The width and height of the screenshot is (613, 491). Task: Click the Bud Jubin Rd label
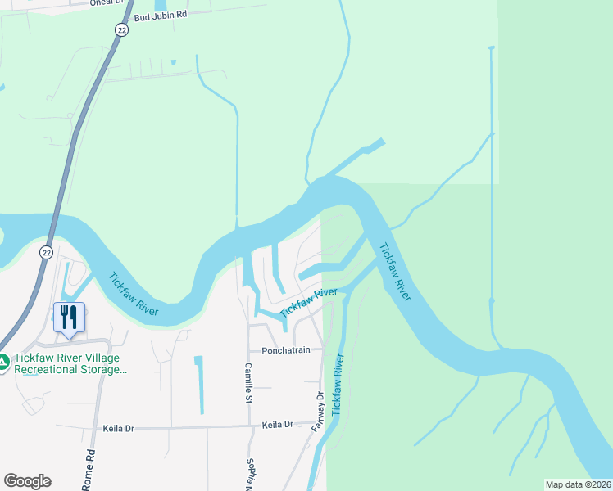161,15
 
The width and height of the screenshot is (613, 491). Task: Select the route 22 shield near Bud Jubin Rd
120,29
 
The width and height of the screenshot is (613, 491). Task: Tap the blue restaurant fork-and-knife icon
69,315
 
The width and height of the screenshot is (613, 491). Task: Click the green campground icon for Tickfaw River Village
4,360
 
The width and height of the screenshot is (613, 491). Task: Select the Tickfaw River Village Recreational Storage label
71,364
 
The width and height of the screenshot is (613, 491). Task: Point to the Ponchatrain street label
285,350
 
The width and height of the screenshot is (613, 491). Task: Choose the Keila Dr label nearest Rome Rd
118,428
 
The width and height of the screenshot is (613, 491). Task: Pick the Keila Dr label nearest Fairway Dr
277,425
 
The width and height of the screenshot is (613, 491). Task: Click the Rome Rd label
89,470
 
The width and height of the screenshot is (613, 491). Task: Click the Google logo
27,481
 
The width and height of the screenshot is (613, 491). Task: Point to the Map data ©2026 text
578,484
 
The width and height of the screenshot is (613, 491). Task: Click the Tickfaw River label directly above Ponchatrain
308,303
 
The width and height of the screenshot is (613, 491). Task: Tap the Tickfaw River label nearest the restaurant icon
134,294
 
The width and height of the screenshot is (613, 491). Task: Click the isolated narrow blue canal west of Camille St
198,383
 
